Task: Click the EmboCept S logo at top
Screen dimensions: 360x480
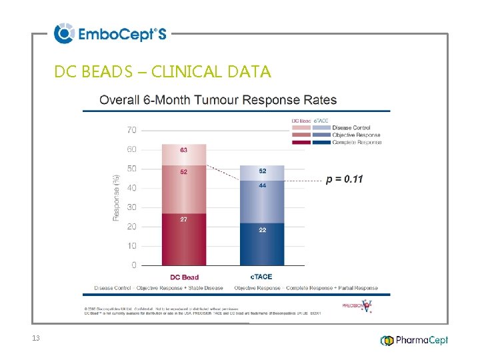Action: (110, 33)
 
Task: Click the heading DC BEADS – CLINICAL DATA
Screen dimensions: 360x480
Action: (163, 71)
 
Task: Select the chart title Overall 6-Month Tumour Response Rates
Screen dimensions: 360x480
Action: (218, 101)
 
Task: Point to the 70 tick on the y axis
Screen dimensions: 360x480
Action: (132, 130)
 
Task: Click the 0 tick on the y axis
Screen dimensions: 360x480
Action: (134, 265)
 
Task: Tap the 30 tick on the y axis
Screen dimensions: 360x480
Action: (132, 207)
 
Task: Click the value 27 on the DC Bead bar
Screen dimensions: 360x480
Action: (183, 219)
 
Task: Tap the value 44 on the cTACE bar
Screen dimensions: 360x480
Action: (263, 186)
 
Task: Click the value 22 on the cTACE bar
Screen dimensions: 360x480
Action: (263, 229)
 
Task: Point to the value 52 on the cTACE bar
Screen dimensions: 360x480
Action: (263, 171)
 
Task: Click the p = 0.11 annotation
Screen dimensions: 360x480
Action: (345, 179)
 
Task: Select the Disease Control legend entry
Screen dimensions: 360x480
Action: (351, 128)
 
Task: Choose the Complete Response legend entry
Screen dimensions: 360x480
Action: (357, 143)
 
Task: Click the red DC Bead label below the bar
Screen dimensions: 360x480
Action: (184, 277)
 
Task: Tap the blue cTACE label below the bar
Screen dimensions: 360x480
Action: (261, 277)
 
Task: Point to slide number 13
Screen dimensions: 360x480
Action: (36, 339)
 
